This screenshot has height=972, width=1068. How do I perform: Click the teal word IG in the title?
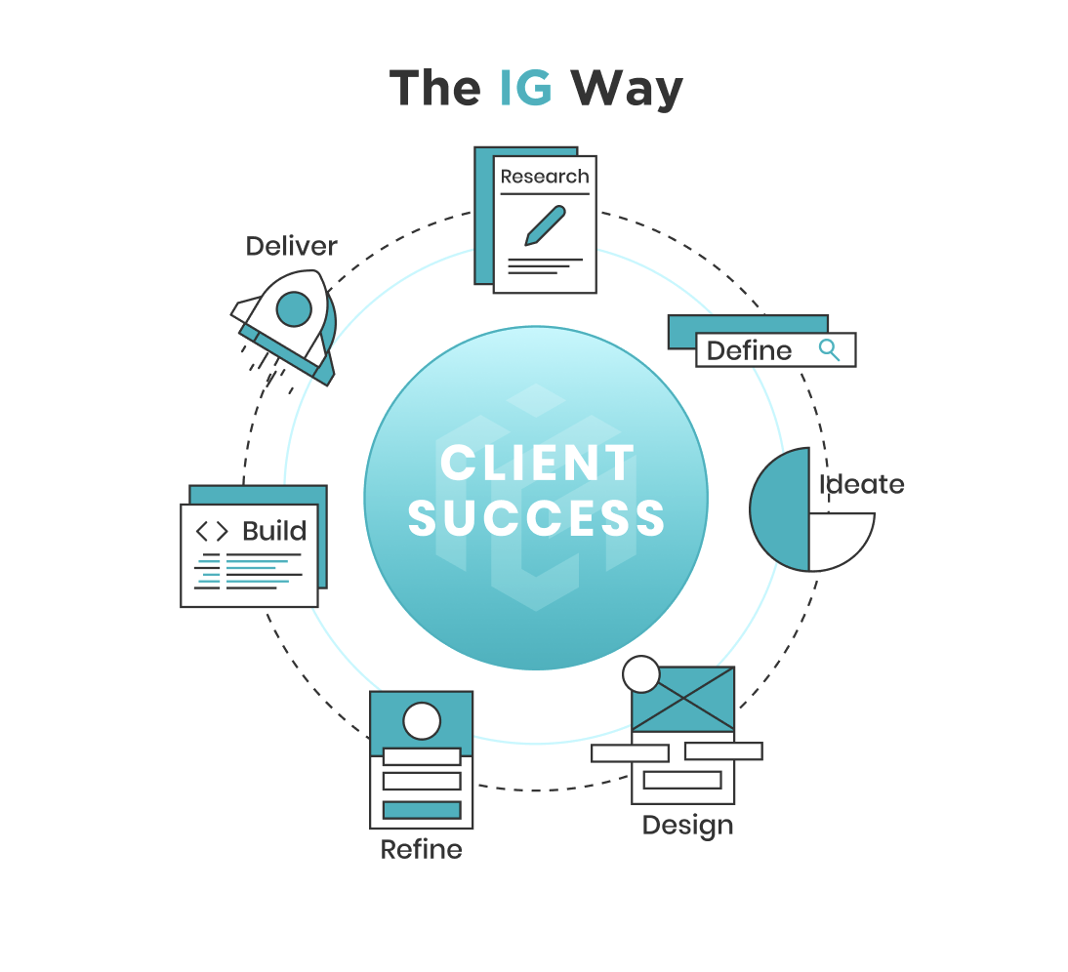click(x=526, y=88)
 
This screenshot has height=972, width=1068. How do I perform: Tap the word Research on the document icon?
click(x=545, y=177)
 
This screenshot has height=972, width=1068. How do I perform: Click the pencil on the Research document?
click(x=545, y=225)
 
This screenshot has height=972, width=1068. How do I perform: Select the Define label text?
click(x=749, y=350)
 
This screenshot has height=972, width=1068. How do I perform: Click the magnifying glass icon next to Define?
click(x=830, y=349)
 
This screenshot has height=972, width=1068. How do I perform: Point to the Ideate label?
click(x=861, y=484)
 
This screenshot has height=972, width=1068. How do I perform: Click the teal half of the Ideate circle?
click(x=781, y=508)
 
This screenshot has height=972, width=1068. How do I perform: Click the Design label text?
click(x=687, y=826)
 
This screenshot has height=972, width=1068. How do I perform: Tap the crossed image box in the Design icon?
click(x=682, y=700)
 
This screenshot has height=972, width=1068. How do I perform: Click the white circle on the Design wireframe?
click(x=641, y=674)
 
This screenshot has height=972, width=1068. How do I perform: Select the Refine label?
click(x=421, y=850)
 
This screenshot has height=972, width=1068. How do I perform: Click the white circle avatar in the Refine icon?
click(x=422, y=721)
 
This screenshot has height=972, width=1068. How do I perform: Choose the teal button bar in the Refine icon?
click(x=422, y=810)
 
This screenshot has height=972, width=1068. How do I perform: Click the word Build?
click(x=274, y=531)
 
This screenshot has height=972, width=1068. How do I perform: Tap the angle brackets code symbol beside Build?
click(x=212, y=531)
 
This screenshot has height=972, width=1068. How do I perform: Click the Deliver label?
click(x=291, y=246)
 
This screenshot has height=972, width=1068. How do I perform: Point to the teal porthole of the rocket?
click(x=294, y=310)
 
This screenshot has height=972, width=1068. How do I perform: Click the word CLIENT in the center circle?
click(x=537, y=463)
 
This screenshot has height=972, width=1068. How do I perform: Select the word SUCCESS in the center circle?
click(x=537, y=518)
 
